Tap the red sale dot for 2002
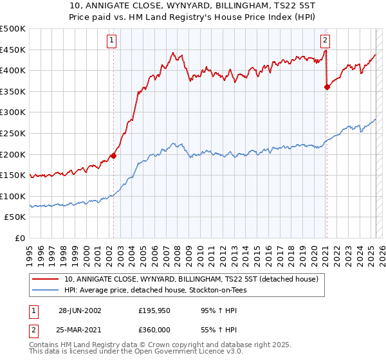pos(114,155)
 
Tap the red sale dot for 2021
pos(327,87)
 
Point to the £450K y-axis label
pos(13,50)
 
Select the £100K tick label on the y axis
pos(13,196)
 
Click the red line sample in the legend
pos(46,280)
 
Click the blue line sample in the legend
pos(46,290)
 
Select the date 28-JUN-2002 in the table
pos(80,310)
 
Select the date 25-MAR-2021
pos(80,330)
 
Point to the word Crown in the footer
pos(154,345)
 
